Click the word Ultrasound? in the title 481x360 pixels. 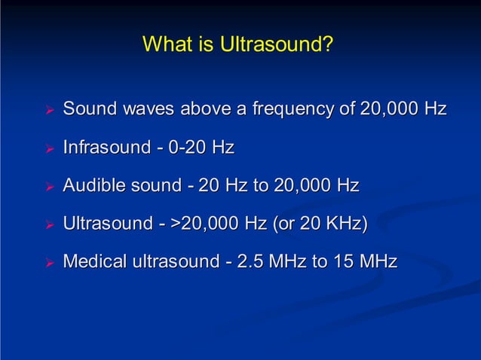click(x=277, y=44)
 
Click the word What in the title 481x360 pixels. click(x=164, y=44)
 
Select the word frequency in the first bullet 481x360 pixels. click(x=294, y=110)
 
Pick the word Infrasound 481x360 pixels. click(x=106, y=147)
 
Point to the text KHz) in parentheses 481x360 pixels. click(x=347, y=224)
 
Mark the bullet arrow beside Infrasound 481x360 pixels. click(x=50, y=148)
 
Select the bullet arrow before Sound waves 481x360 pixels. click(x=50, y=111)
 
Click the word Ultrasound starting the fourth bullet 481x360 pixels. click(x=107, y=224)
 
